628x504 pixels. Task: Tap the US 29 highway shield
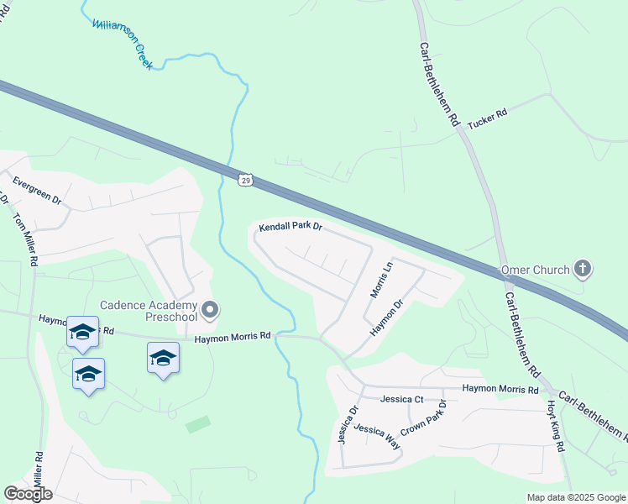(x=244, y=180)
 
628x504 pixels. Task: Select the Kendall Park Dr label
(x=290, y=227)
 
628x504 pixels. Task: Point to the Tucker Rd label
(x=488, y=119)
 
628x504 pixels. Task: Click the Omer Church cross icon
(x=582, y=270)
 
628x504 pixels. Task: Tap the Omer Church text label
(x=534, y=270)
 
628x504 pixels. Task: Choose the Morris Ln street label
(x=382, y=279)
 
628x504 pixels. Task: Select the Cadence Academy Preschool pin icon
(x=210, y=311)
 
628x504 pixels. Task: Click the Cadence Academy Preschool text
(x=149, y=311)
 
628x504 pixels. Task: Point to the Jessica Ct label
(x=401, y=399)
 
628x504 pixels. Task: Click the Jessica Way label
(x=376, y=437)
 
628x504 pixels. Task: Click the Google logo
(x=28, y=494)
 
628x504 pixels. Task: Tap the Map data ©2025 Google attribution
(x=576, y=497)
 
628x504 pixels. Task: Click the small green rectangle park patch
(x=198, y=424)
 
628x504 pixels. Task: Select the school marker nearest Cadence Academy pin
(x=163, y=359)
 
